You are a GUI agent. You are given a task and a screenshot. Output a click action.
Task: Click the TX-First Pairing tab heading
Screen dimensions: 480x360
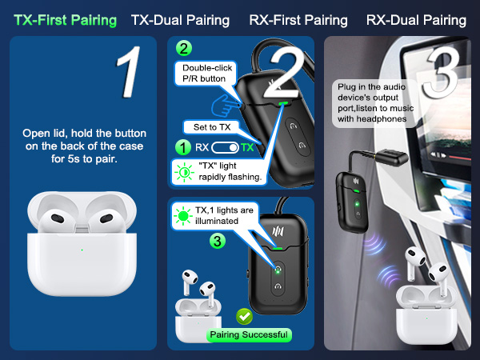66,20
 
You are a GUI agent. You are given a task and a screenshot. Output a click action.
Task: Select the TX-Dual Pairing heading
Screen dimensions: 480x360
180,20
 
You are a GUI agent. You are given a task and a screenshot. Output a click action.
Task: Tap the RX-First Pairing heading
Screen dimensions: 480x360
298,20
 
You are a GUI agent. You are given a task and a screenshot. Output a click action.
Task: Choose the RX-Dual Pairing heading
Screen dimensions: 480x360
416,20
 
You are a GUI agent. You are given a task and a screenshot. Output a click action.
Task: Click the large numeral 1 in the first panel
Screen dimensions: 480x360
129,72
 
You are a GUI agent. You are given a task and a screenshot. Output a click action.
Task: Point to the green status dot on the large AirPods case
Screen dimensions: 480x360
82,250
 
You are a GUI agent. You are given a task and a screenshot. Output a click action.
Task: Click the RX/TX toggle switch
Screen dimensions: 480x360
225,147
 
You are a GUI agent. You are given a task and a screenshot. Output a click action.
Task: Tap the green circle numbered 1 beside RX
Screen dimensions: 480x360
183,147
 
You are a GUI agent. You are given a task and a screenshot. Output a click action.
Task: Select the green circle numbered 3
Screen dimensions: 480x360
218,241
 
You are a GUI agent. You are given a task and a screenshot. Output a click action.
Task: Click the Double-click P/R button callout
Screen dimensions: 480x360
206,73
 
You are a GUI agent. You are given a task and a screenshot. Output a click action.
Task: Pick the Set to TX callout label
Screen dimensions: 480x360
211,127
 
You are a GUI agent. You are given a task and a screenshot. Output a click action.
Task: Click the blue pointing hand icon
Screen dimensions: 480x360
226,106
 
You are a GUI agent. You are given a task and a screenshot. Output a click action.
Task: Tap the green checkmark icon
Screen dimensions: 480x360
244,316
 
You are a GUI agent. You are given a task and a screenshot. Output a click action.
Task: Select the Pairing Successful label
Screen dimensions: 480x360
249,334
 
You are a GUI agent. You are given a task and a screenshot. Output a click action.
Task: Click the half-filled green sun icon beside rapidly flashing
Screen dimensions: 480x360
184,173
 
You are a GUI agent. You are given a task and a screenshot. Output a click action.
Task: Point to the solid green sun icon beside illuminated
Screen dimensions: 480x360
183,216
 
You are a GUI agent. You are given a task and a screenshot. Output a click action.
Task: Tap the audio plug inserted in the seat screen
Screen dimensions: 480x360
392,157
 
